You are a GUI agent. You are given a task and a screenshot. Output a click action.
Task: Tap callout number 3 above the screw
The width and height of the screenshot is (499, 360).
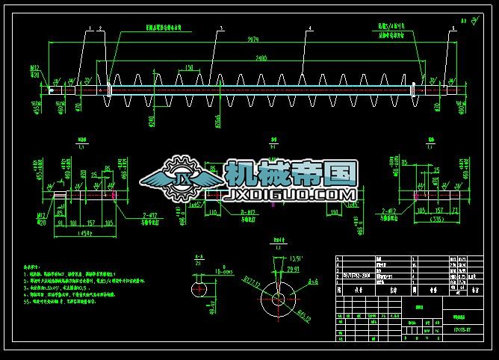click(x=221, y=28)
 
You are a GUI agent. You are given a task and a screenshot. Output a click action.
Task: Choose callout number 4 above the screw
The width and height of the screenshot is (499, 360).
click(x=310, y=28)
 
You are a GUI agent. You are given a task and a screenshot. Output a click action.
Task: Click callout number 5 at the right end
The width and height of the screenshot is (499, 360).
click(x=452, y=28)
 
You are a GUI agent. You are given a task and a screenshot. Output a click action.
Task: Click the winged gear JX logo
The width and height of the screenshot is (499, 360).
click(x=179, y=179)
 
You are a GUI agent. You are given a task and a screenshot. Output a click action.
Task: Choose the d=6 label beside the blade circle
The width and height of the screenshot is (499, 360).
click(x=313, y=282)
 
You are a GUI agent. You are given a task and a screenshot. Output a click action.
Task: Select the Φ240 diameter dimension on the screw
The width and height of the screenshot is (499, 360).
click(x=152, y=120)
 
